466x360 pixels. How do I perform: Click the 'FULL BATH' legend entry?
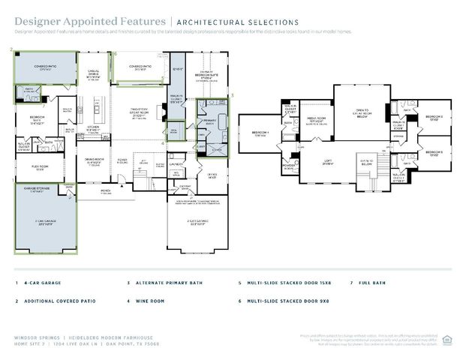point(372,283)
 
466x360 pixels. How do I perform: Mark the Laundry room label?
point(177,163)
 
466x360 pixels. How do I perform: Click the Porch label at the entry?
point(107,190)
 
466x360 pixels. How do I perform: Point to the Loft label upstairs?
point(328,162)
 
